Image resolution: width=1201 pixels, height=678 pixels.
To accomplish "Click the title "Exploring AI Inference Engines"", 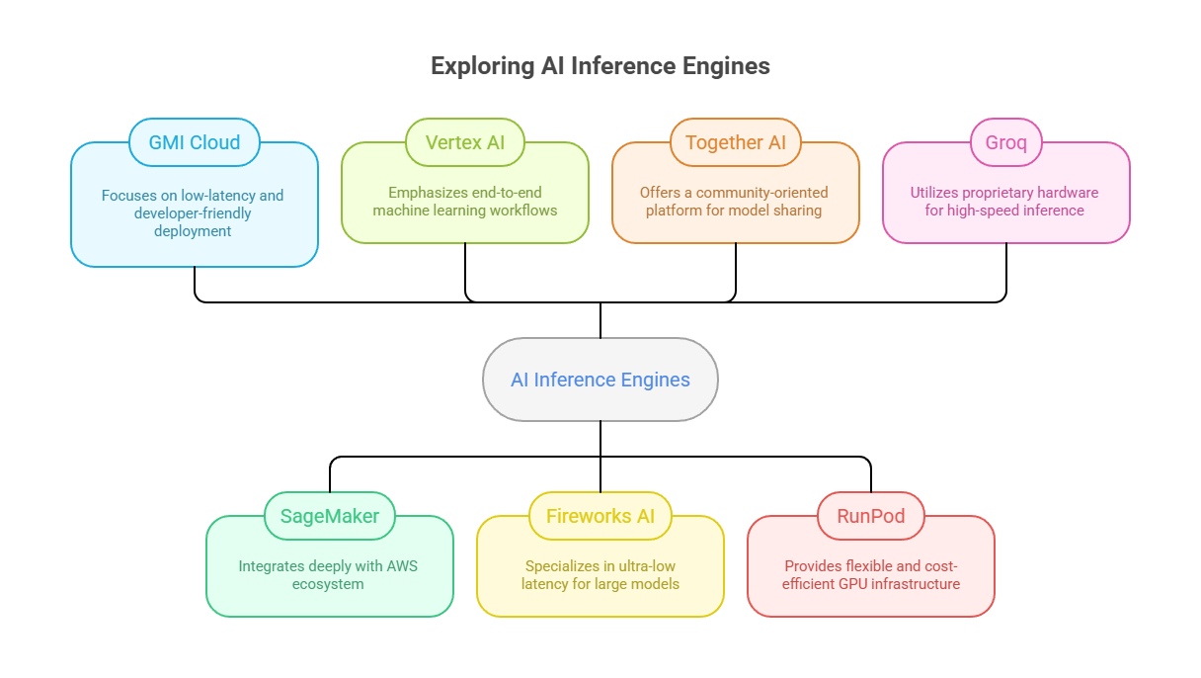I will pos(600,66).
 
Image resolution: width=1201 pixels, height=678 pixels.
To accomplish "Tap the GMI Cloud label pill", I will pos(195,142).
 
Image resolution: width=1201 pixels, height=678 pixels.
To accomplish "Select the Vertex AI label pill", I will pos(465,142).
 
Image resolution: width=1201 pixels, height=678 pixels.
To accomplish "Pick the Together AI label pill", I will pos(736,142).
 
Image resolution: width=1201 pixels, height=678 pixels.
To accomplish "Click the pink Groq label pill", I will pos(1005,142).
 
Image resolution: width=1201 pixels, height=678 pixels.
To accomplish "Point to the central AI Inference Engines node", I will pos(600,380).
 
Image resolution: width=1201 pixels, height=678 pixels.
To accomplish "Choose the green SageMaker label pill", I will pos(330,516).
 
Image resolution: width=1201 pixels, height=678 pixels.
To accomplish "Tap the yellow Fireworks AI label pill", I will pos(600,516).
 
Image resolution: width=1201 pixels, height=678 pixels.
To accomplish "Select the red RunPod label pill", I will pos(871,516).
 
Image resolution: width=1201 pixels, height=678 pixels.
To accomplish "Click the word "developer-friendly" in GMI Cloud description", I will pos(193,213).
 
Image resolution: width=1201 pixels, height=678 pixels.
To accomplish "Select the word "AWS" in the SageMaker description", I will pos(401,566).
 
